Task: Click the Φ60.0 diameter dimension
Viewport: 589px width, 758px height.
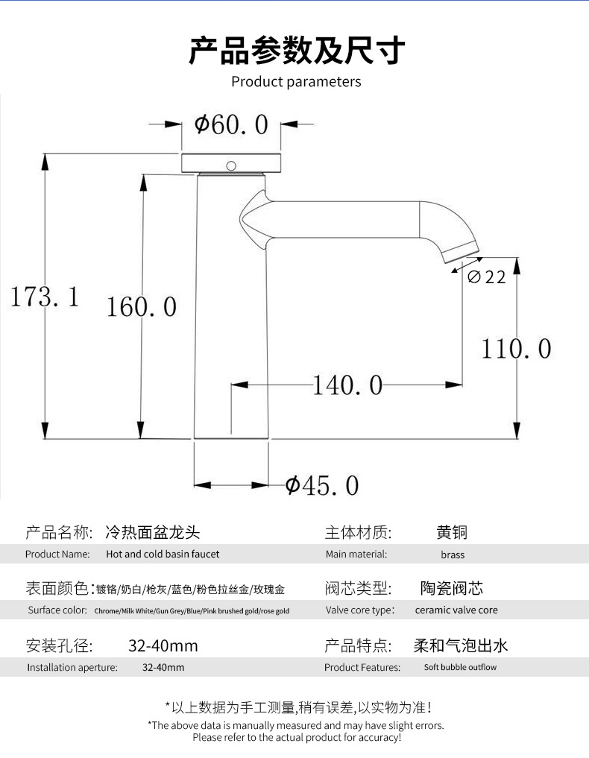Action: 231,124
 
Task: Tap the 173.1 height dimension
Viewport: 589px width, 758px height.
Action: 44,297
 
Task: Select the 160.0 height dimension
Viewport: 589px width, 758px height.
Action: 142,306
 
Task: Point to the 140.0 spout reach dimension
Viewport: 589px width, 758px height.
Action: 347,385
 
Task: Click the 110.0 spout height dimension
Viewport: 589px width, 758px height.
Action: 516,348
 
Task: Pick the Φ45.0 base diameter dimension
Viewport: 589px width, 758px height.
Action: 322,486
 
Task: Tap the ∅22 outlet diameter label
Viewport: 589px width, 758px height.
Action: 487,277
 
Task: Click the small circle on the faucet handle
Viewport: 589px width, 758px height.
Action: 231,165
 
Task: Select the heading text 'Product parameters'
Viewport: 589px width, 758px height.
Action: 296,81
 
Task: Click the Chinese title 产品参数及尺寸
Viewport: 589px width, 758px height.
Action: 296,51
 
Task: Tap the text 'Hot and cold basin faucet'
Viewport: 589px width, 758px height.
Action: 163,555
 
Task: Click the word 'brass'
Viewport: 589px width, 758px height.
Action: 453,555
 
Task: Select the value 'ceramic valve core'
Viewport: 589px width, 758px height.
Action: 456,610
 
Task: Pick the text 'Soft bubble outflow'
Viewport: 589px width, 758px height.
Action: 460,667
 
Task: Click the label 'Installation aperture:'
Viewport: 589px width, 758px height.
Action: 72,667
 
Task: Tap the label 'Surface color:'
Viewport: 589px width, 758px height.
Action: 57,610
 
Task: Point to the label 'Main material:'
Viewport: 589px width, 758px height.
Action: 356,555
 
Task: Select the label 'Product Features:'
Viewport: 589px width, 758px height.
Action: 362,667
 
